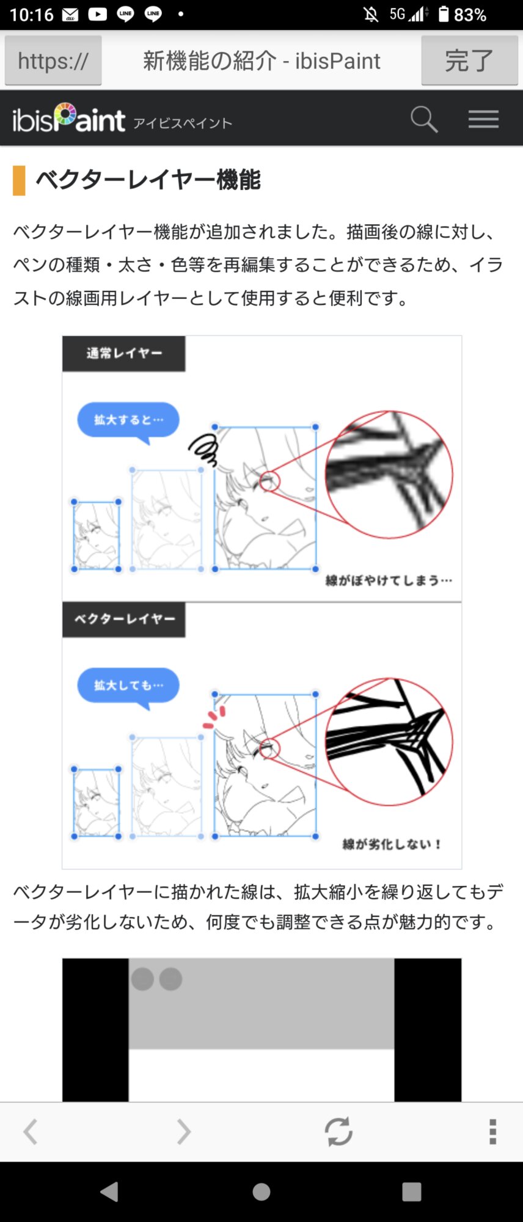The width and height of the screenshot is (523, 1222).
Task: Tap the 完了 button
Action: [x=469, y=60]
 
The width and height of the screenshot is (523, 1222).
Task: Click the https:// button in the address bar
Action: [x=53, y=60]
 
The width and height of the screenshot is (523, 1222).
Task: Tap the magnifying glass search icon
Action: [x=424, y=119]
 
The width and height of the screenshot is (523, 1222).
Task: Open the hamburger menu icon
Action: [x=484, y=119]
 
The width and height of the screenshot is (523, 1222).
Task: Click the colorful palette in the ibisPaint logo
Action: [x=65, y=114]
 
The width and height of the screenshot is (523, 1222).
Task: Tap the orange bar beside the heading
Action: [x=19, y=180]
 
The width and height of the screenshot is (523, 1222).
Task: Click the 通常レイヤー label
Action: [x=124, y=353]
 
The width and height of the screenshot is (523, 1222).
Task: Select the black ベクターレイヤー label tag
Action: [x=124, y=620]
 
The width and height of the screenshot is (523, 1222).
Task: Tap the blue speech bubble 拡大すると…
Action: [x=128, y=421]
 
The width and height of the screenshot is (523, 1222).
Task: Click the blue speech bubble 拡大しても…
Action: [x=128, y=687]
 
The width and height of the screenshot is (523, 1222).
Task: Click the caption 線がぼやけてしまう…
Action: [x=389, y=580]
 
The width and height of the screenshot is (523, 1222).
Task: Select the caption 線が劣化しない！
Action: [x=392, y=844]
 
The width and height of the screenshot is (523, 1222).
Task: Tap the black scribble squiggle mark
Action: [x=203, y=450]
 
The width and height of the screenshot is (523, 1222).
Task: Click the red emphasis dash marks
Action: [x=214, y=717]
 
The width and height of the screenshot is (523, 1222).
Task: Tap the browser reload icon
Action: [x=338, y=1132]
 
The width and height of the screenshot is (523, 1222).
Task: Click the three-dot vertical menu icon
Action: [x=492, y=1132]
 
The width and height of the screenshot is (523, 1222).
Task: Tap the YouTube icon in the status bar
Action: [x=98, y=14]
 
